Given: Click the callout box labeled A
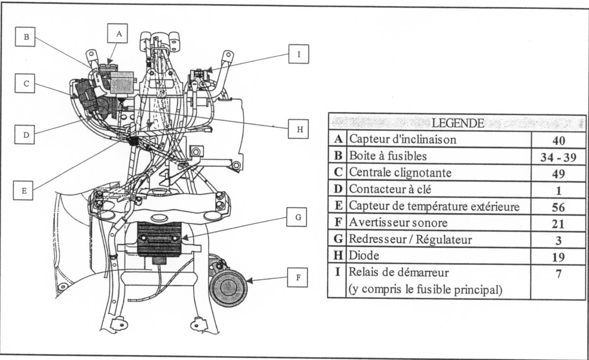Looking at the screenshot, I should click(119, 34).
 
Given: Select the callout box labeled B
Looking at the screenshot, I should click(26, 37).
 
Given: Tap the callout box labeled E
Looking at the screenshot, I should click(24, 190).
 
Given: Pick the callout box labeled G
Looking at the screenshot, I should click(298, 218).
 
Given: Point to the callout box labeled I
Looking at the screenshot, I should click(299, 54).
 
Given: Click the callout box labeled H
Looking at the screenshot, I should click(300, 129).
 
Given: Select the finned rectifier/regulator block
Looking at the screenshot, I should click(159, 238).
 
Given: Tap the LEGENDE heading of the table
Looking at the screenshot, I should click(457, 123).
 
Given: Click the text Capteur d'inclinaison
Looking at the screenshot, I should click(403, 139).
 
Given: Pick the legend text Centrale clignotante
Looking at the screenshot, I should click(400, 173).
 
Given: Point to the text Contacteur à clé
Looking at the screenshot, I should click(390, 189).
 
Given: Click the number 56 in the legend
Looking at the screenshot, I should click(558, 207).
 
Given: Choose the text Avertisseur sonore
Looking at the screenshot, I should click(398, 223).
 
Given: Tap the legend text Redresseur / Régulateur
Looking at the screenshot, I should click(411, 240).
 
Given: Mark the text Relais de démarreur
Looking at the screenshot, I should click(399, 273).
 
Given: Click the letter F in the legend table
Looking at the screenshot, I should click(338, 223).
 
